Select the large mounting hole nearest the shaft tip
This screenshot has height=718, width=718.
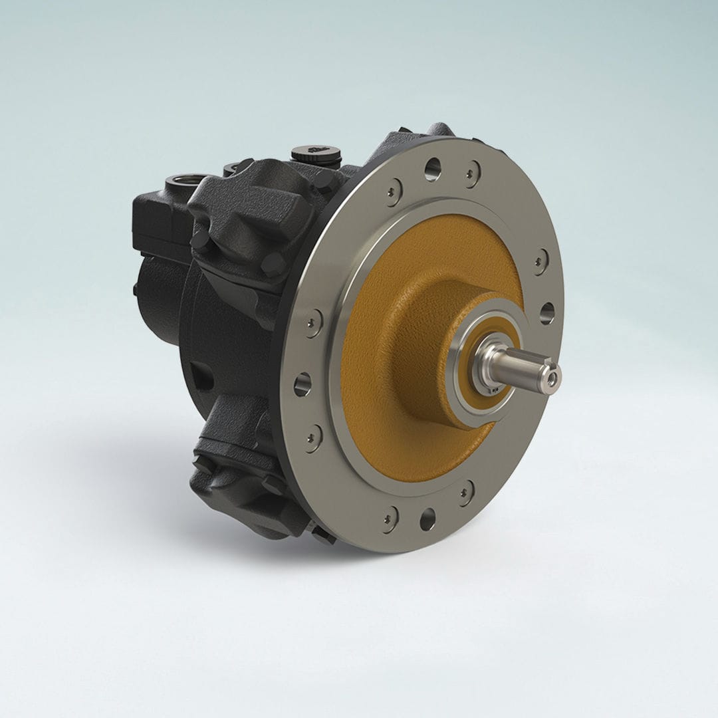(x=546, y=312)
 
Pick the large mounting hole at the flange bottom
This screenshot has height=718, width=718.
(x=427, y=519)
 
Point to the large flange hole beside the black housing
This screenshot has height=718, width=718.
(x=302, y=384)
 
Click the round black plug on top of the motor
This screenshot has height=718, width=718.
(x=316, y=156)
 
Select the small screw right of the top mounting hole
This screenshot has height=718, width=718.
(x=472, y=172)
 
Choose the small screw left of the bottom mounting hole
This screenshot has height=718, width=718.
(x=390, y=515)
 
